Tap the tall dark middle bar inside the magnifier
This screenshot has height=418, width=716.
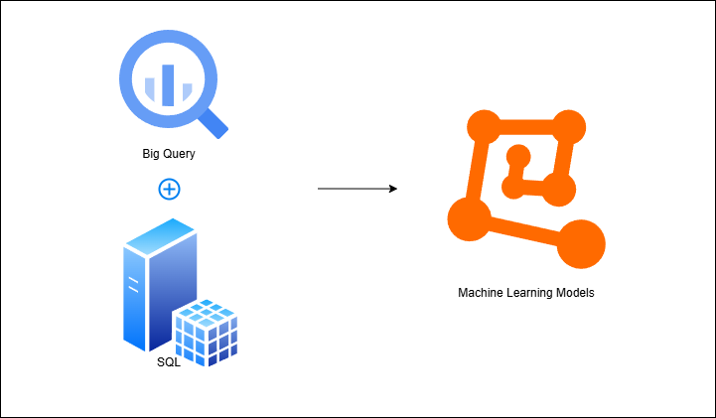tap(168, 82)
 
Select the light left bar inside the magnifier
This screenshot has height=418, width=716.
tap(151, 90)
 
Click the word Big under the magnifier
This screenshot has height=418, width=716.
tap(152, 155)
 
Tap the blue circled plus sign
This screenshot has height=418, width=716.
tap(169, 188)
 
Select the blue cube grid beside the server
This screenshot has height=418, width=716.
tap(206, 331)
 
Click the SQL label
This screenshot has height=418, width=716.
tap(169, 361)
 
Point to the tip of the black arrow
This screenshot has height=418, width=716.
tap(395, 188)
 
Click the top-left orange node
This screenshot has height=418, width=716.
tap(483, 127)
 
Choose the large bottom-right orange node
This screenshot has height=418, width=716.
tap(580, 242)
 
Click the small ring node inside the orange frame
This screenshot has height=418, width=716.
tap(517, 154)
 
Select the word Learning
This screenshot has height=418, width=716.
tap(533, 293)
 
